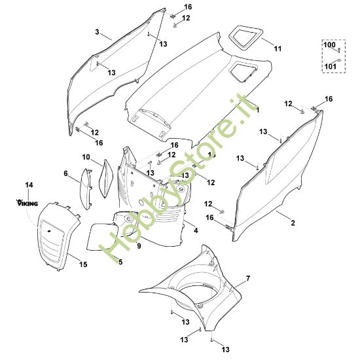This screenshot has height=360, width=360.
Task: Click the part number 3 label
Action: [x=98, y=31]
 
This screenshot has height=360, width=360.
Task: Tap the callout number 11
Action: [x=278, y=48]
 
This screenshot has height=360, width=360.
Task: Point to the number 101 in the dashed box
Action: [x=331, y=65]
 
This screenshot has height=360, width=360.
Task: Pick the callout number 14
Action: [x=29, y=186]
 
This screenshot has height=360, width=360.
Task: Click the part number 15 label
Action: [x=83, y=264]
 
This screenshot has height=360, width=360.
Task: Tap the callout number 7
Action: [x=248, y=279]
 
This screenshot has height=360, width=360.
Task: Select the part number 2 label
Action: [x=293, y=223]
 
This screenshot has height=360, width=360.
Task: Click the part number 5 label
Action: [x=120, y=262]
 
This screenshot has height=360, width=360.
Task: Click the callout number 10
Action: [x=86, y=157]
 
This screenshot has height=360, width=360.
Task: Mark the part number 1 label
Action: [x=257, y=109]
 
